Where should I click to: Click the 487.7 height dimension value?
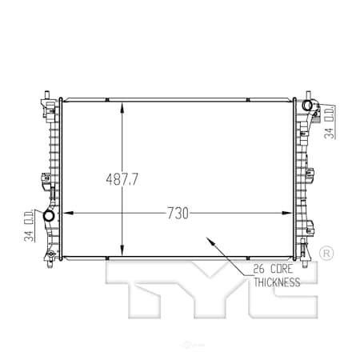(122, 179)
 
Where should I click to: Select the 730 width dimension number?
(178, 214)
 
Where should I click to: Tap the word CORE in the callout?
(282, 269)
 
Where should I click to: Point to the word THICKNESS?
(277, 282)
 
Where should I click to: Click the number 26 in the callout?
(258, 269)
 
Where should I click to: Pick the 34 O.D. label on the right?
(330, 122)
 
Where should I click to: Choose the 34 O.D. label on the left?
(29, 226)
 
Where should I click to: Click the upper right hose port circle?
(306, 105)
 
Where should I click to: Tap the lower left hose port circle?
(49, 216)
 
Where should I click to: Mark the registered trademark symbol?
(326, 254)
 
